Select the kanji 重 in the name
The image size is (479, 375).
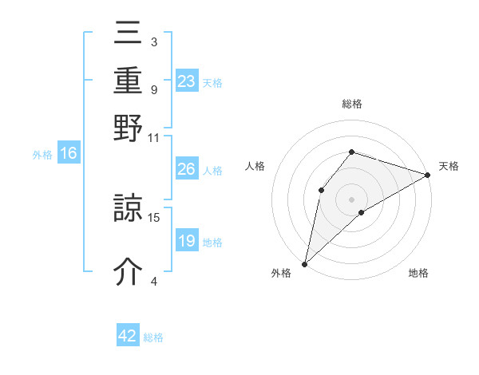(129, 83)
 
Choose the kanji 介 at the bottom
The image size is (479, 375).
(129, 272)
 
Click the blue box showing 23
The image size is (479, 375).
(187, 81)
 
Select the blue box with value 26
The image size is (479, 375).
(187, 169)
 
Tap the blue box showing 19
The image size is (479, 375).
(187, 241)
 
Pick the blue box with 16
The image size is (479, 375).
(69, 153)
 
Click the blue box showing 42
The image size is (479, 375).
(128, 336)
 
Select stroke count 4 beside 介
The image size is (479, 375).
(154, 280)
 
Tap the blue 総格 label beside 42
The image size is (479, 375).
(153, 337)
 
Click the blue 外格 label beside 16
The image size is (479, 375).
(42, 155)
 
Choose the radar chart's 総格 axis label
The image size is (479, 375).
(352, 104)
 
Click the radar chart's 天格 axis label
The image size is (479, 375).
(449, 166)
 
